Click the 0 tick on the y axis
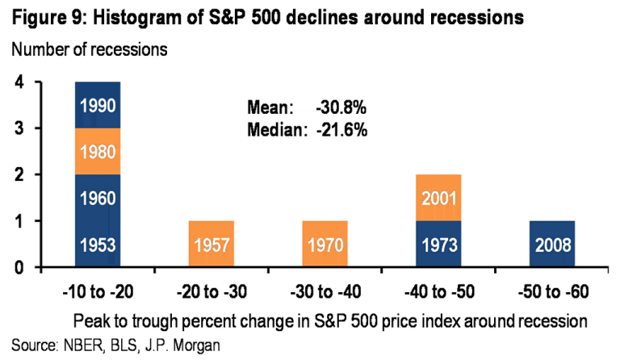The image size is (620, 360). (x=18, y=268)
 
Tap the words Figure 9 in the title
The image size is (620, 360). (x=40, y=16)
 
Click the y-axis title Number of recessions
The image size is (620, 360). (x=89, y=49)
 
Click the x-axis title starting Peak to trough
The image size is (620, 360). (x=330, y=320)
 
